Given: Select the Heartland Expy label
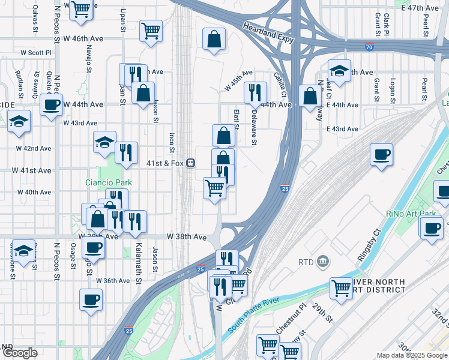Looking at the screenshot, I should pyautogui.click(x=269, y=28).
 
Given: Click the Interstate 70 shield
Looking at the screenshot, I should pyautogui.click(x=367, y=47).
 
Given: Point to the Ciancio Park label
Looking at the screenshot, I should pyautogui.click(x=107, y=182).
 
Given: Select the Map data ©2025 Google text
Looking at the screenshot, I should pyautogui.click(x=411, y=355).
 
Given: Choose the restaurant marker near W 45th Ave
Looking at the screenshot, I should pyautogui.click(x=256, y=92).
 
